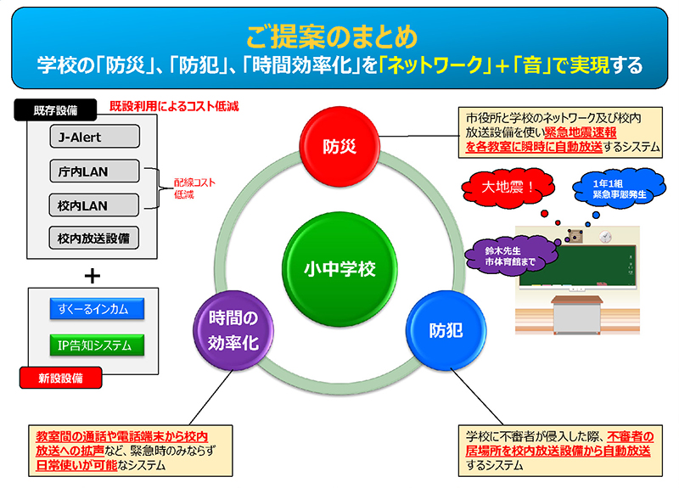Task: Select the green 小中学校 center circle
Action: tap(339, 269)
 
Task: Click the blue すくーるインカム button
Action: tap(94, 309)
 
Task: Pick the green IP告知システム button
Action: tap(94, 345)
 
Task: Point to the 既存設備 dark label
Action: tap(55, 110)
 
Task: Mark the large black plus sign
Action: tap(93, 275)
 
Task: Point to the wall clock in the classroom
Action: tap(605, 235)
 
